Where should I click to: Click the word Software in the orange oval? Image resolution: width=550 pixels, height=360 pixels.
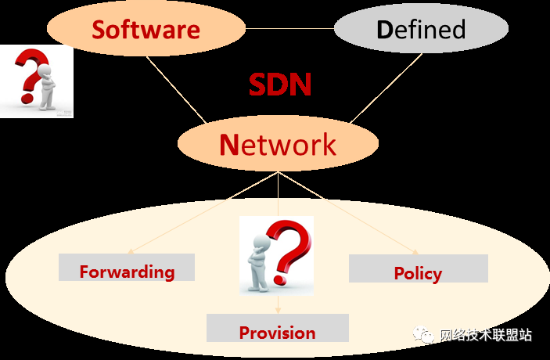[x=146, y=30]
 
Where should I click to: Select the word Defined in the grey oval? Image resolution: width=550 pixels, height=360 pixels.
[x=421, y=30]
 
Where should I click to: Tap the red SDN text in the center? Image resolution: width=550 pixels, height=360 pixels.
[x=280, y=85]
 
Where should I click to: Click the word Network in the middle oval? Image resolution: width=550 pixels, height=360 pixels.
[x=278, y=144]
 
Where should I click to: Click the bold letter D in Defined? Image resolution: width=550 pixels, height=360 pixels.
[x=383, y=30]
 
